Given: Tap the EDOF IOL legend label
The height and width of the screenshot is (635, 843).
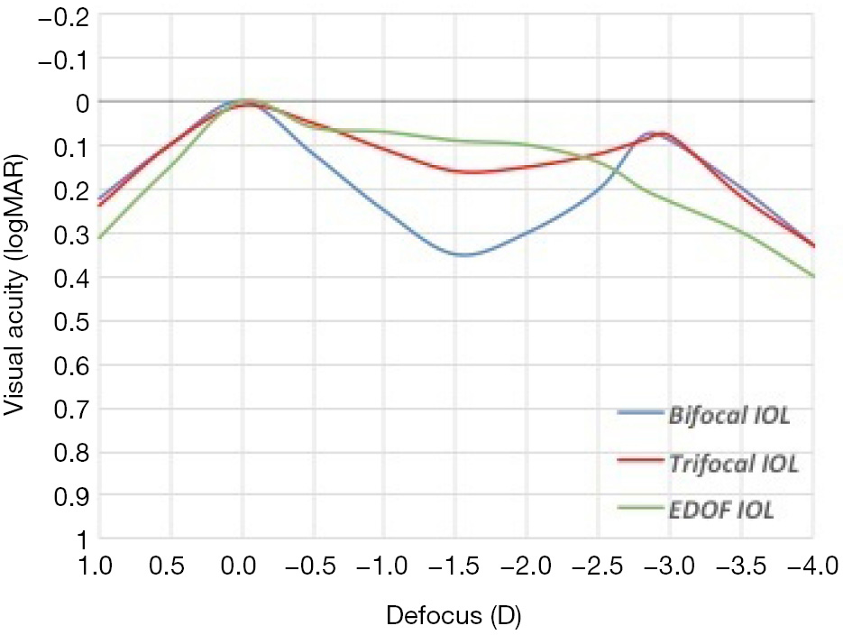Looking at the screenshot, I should pos(721,510).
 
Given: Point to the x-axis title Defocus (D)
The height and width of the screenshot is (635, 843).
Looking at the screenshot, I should pos(454,617).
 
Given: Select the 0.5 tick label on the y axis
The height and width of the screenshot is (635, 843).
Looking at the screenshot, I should pos(76,321).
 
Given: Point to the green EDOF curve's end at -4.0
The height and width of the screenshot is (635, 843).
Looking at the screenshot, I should pos(813,276).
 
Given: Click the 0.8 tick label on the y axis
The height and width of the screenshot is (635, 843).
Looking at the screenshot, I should pos(76,453).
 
